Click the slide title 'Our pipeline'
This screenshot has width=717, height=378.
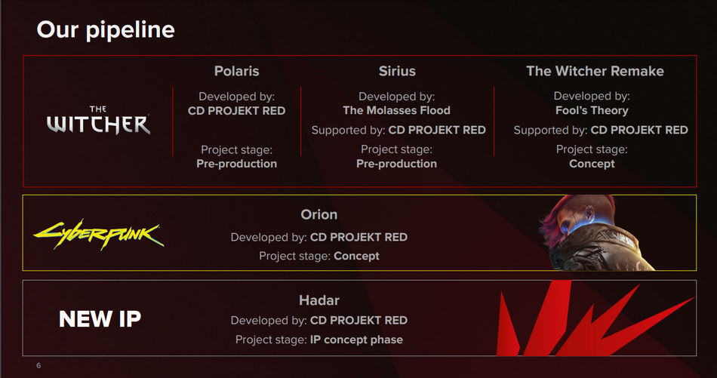[106, 29]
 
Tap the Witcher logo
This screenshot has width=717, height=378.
[98, 121]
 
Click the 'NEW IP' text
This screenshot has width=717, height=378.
[100, 319]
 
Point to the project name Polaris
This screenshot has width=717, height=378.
[236, 71]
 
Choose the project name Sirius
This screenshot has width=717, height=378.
[397, 71]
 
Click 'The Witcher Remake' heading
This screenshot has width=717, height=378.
[595, 71]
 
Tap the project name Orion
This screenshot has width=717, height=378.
[318, 215]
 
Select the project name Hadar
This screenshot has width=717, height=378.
[318, 300]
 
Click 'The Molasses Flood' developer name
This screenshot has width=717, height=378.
[396, 110]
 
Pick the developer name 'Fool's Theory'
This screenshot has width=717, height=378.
[592, 110]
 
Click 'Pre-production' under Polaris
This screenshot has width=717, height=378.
[236, 164]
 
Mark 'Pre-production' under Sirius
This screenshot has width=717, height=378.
[396, 164]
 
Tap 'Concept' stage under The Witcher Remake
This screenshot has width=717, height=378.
[592, 164]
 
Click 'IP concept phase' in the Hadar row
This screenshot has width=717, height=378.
[356, 340]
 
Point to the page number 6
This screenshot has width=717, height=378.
[38, 366]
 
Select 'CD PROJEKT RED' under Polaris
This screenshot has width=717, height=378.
[236, 110]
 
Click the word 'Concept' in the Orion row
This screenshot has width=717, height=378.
[356, 256]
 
